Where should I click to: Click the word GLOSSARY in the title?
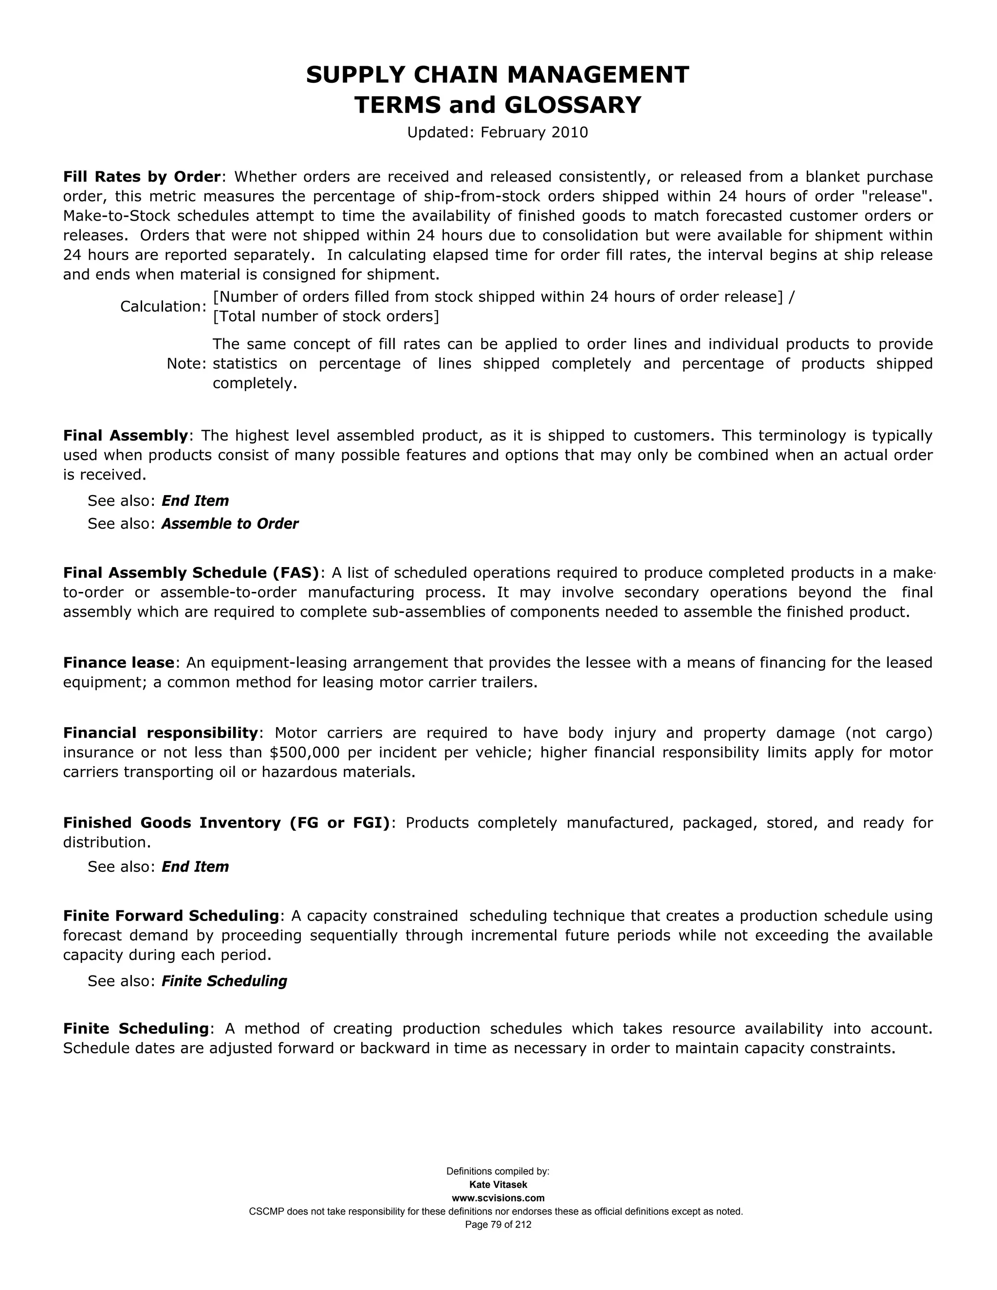pos(572,105)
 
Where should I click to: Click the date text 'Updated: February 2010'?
pos(498,132)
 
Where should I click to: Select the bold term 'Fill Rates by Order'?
pos(142,177)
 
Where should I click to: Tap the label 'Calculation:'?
pos(163,307)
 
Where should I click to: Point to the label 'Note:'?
pos(186,364)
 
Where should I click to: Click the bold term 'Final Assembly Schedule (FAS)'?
pos(191,572)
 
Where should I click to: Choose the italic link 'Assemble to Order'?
pos(230,524)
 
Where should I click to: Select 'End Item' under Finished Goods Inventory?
pos(195,866)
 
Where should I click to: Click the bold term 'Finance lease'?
pos(119,662)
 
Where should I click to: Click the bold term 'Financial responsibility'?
pos(161,733)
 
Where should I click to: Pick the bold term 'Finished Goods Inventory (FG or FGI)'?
pos(226,823)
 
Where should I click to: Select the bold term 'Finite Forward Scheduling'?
pos(171,916)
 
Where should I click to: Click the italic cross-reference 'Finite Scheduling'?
pos(224,981)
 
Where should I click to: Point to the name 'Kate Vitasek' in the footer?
pos(498,1185)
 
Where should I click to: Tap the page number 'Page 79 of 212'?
pos(498,1224)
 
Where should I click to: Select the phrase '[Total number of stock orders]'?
pos(326,316)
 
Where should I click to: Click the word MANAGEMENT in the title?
pos(598,75)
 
